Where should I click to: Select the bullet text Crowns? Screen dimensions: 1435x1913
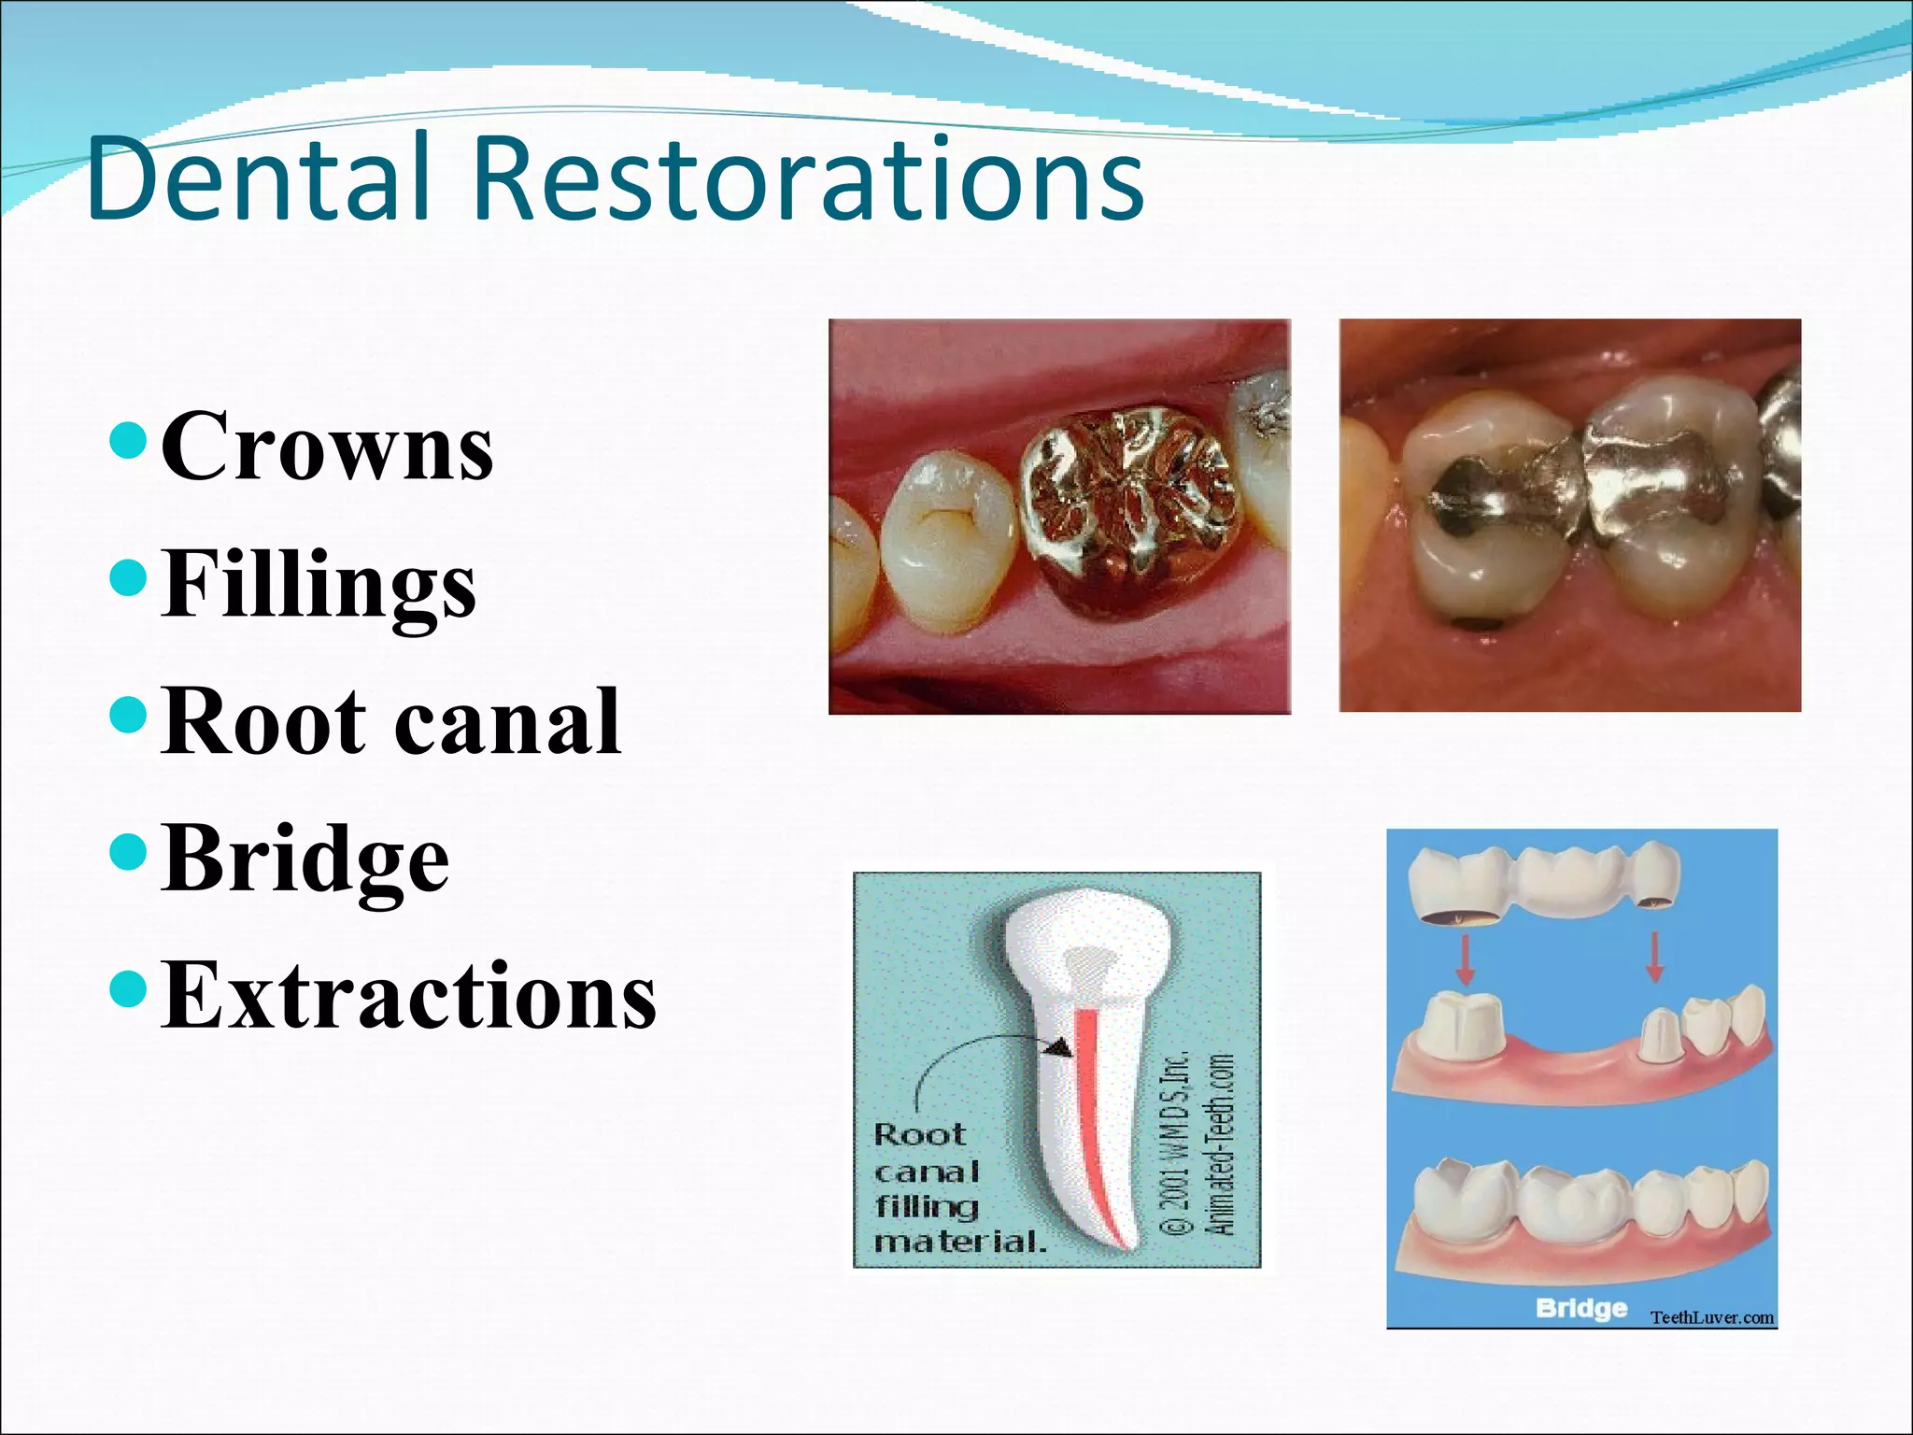tap(327, 447)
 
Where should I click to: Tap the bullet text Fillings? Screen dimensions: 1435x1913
tap(319, 585)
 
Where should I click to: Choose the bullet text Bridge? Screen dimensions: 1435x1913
tap(305, 859)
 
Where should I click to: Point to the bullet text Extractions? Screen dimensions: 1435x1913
tap(408, 996)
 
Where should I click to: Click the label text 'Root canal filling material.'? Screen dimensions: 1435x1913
tap(957, 1188)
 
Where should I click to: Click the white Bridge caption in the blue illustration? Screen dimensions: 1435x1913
tap(1581, 1307)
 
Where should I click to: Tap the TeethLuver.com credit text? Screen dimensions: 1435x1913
tap(1711, 1317)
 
